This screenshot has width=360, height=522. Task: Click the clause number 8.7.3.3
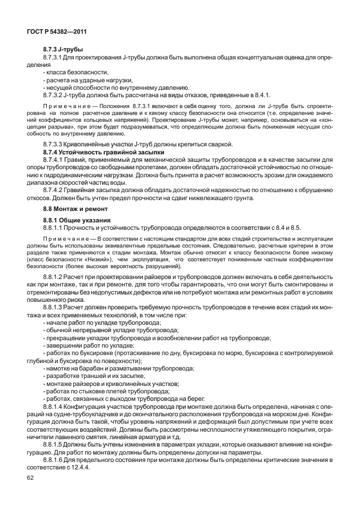pos(56,145)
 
